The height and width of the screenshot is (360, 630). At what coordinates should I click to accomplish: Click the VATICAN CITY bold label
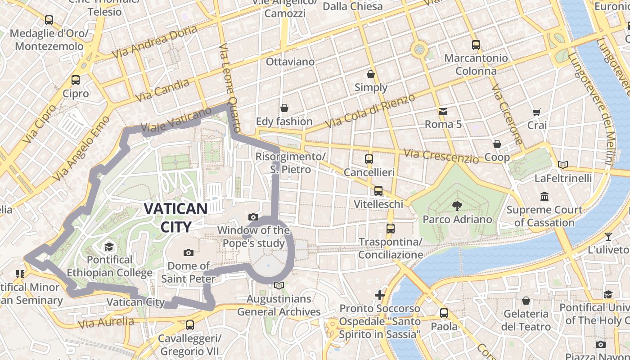175,218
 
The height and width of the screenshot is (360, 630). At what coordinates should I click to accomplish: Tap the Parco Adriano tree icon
457,206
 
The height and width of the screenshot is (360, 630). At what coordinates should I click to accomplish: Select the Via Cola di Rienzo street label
370,111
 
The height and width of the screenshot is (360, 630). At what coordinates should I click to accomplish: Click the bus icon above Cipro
76,80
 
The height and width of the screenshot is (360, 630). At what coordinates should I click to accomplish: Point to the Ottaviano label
290,62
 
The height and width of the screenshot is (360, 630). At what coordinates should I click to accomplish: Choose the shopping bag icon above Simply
371,74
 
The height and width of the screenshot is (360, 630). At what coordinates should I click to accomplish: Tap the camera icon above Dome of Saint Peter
189,252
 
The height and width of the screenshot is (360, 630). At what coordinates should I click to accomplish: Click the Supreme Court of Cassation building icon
544,197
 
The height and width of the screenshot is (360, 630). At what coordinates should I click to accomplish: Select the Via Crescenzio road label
441,156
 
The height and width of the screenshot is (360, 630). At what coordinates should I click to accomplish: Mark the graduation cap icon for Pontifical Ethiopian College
109,247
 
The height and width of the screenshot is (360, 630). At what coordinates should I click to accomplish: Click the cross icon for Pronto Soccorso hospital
380,295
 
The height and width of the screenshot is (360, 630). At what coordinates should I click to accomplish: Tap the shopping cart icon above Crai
536,112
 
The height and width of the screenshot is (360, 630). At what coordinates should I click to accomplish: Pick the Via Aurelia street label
106,323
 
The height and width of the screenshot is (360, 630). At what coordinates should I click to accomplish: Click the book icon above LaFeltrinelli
562,165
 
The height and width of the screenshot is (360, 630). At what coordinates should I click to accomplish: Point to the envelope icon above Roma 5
443,111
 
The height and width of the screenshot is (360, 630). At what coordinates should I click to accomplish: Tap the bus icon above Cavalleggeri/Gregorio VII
190,325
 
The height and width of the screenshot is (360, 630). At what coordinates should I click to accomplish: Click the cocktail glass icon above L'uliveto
608,236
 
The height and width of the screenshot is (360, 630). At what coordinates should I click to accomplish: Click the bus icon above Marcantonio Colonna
476,45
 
